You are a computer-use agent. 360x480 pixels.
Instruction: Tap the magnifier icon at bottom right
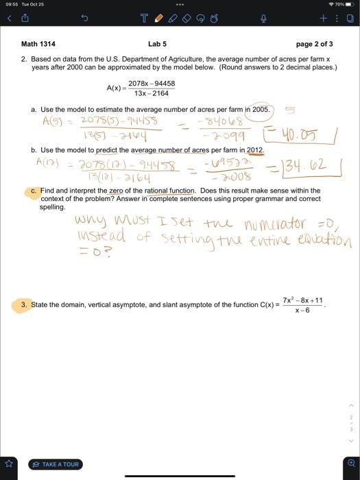[x=351, y=463]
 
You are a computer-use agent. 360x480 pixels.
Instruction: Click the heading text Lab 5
[x=158, y=45]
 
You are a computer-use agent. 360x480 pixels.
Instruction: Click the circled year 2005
[x=261, y=109]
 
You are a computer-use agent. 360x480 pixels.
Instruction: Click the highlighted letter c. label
[x=34, y=190]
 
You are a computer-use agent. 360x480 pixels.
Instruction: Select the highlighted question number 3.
[x=24, y=304]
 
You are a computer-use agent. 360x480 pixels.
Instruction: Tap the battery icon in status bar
[x=348, y=4]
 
